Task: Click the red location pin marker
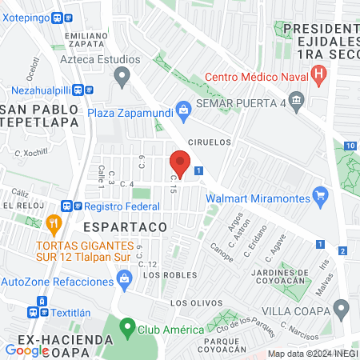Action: point(180,163)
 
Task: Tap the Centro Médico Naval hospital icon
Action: point(320,78)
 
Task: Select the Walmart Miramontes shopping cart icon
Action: point(321,194)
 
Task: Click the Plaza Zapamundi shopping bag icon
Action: point(183,109)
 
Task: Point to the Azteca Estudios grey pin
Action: point(122,78)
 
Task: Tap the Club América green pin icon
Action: point(126,327)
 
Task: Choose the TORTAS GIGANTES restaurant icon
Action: point(54,222)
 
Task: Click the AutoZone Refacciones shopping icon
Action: point(123,278)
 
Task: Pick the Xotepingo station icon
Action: point(58,17)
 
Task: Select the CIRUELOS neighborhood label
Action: point(209,142)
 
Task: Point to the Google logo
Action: point(26,350)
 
